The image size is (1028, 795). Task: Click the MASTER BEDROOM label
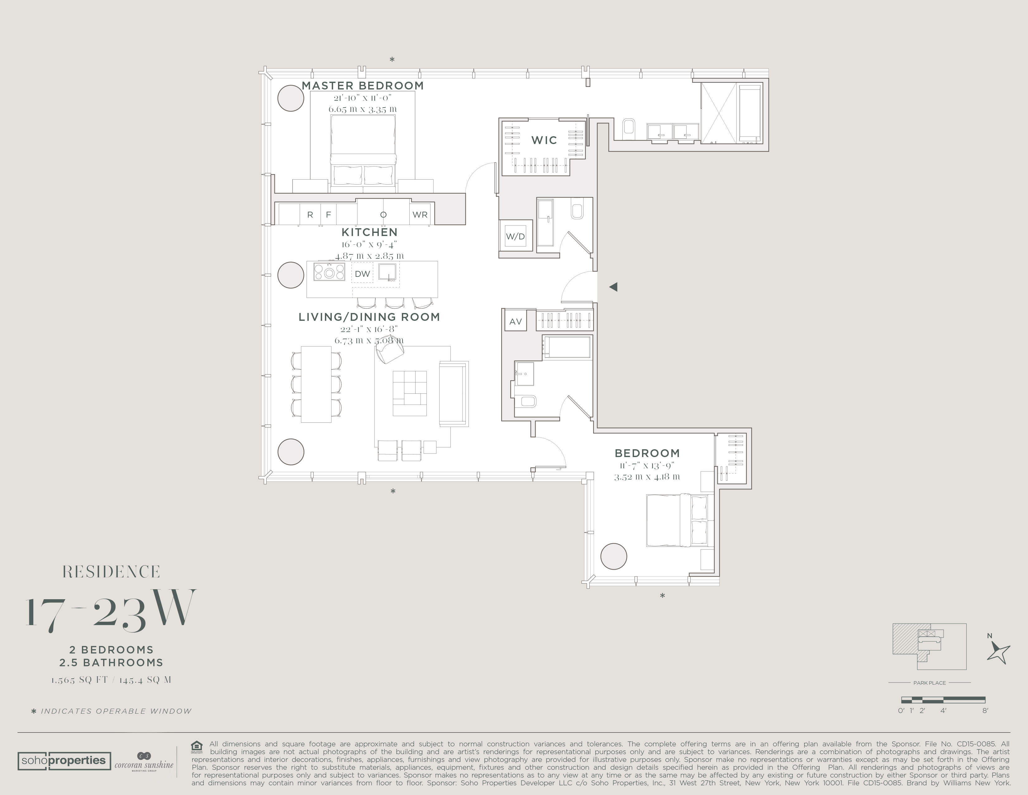(362, 86)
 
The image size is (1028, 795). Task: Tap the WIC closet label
(544, 140)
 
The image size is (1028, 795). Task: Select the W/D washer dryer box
(516, 236)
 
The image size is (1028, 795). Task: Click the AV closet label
(516, 322)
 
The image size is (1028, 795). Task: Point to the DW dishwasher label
(362, 274)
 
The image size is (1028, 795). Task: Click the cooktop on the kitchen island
(329, 272)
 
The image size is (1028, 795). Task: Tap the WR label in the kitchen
(420, 215)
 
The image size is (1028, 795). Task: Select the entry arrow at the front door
(613, 287)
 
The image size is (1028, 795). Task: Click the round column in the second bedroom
(614, 556)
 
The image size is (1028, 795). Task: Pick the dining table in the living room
(316, 384)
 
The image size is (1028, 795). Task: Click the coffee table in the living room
(410, 393)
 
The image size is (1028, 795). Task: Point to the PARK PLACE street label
(929, 682)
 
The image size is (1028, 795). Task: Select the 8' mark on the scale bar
(985, 711)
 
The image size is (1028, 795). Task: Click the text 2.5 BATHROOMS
(111, 663)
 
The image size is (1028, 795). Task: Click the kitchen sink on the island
(387, 272)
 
